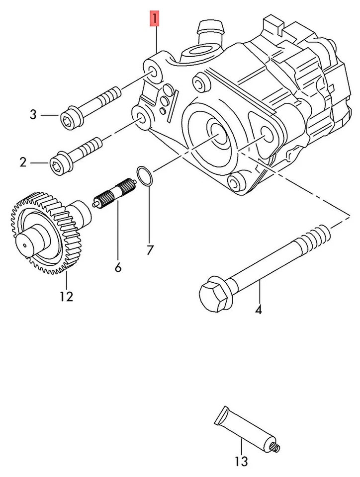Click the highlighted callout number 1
(x=155, y=20)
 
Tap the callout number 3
(x=33, y=115)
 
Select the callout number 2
(x=23, y=162)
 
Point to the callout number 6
(x=118, y=268)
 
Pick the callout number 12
(x=66, y=297)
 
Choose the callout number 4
(x=258, y=311)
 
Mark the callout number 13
(x=241, y=462)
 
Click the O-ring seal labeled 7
(x=145, y=176)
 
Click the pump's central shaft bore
(x=218, y=131)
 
